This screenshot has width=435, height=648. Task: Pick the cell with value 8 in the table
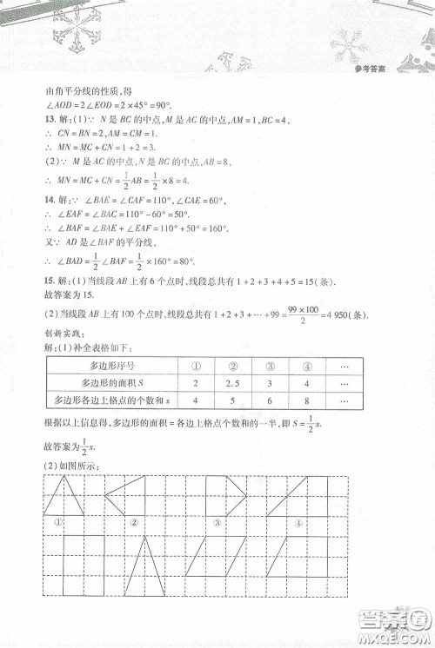coord(307,400)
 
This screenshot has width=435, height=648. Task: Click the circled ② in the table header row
coord(233,366)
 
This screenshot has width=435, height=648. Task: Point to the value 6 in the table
coord(269,400)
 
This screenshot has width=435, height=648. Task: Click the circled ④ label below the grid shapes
coord(298,524)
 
